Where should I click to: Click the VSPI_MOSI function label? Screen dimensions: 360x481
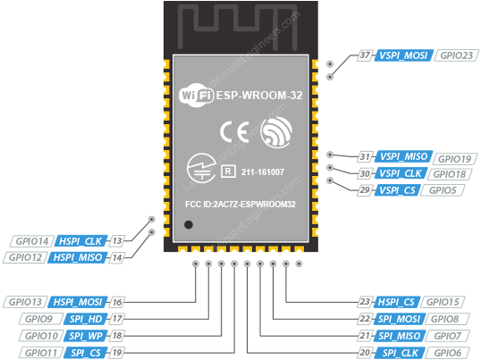click(402, 54)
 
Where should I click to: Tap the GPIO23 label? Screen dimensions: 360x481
click(455, 54)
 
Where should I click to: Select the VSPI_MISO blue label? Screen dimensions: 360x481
click(402, 158)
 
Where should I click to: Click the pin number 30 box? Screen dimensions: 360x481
click(364, 174)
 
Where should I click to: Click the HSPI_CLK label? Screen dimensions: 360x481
click(81, 241)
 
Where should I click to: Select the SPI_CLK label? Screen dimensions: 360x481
click(401, 352)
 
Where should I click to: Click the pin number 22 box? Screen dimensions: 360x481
click(364, 319)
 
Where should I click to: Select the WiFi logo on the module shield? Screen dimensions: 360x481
click(198, 95)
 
